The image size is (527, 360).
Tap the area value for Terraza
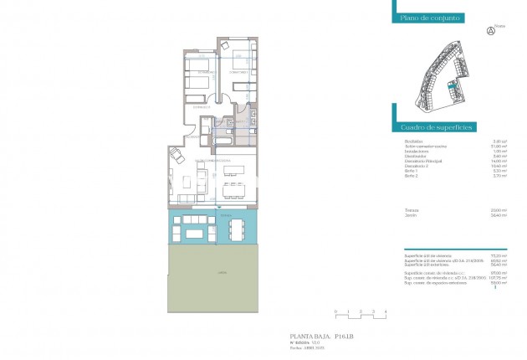coord(500,210)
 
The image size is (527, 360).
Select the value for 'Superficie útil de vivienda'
coord(500,254)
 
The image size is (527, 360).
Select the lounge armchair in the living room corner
coord(176,157)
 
